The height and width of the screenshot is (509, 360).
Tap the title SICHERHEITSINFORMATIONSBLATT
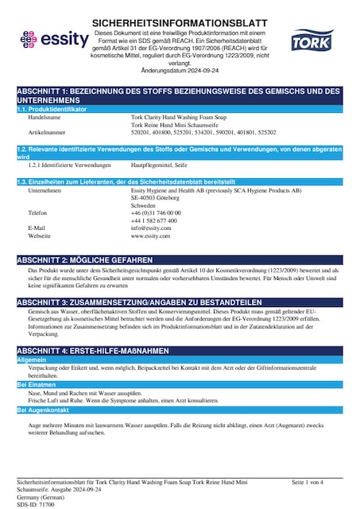pyautogui.click(x=180, y=23)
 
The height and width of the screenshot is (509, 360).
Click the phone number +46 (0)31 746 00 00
pyautogui.click(x=156, y=212)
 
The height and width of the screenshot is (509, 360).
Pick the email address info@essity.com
pyautogui.click(x=151, y=228)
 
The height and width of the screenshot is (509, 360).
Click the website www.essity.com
pyautogui.click(x=151, y=236)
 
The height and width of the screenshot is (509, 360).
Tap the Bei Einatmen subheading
pyautogui.click(x=35, y=384)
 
